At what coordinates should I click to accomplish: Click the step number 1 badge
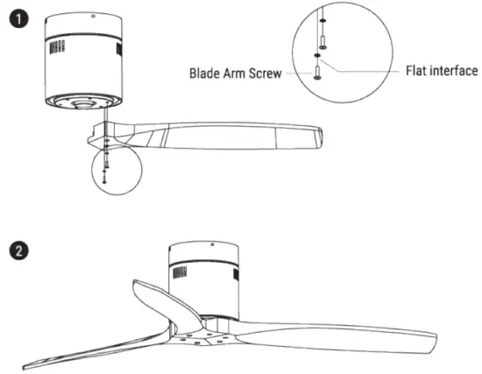18,18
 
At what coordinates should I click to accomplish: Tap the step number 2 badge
18,251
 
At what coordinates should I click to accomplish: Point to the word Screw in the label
265,74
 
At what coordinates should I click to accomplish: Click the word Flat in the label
416,71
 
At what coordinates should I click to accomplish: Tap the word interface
453,71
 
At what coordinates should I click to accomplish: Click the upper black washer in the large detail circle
323,21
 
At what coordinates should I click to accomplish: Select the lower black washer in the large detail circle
317,55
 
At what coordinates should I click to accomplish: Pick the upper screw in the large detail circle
323,42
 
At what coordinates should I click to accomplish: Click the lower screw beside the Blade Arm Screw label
317,73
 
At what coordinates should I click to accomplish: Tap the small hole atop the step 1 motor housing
93,17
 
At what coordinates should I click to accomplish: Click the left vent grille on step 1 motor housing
57,47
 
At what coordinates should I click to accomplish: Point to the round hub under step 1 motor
82,104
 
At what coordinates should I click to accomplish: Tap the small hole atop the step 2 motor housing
212,244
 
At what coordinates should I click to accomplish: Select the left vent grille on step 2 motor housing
180,272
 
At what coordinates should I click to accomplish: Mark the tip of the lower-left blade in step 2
24,367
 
